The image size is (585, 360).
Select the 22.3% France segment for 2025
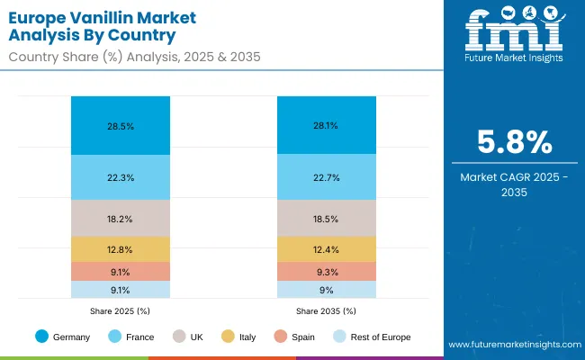click(x=121, y=177)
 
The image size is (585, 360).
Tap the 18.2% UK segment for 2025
click(x=121, y=218)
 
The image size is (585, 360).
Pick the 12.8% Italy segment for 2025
click(x=121, y=249)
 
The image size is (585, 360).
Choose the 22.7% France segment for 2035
click(x=325, y=177)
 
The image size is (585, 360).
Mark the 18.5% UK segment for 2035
click(x=325, y=218)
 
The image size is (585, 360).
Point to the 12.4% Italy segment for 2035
click(x=325, y=249)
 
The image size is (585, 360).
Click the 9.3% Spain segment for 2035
click(x=325, y=272)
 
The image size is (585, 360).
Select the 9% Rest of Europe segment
click(x=325, y=290)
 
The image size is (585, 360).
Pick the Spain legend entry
click(x=293, y=337)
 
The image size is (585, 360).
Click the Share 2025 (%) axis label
click(x=121, y=311)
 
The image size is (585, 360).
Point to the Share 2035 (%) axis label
click(x=325, y=311)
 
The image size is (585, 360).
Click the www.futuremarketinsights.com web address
click(x=510, y=345)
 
